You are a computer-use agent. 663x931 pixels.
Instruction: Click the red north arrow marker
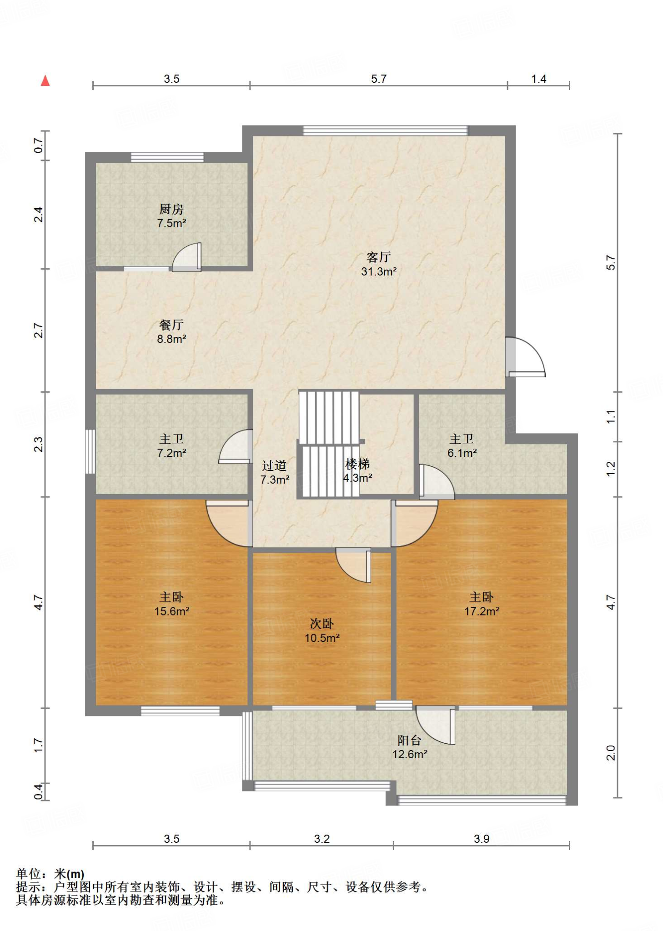(x=45, y=80)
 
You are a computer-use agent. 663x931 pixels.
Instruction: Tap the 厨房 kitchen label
(x=171, y=209)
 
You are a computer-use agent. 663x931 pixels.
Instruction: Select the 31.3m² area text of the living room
(x=378, y=271)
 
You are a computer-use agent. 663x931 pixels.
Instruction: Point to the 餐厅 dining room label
(x=171, y=325)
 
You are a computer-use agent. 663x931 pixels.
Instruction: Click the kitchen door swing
(x=187, y=257)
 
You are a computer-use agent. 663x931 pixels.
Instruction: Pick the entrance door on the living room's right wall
(x=525, y=357)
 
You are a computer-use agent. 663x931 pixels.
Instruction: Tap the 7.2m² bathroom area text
(x=171, y=453)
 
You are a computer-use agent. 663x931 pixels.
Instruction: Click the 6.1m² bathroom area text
(x=462, y=453)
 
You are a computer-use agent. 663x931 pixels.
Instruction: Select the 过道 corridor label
(x=274, y=465)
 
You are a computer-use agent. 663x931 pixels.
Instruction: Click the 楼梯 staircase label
(x=357, y=464)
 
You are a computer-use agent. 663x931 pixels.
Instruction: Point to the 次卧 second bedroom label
(x=322, y=624)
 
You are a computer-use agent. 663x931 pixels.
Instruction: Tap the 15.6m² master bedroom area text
(x=171, y=611)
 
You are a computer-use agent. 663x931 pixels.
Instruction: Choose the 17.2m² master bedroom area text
(x=482, y=611)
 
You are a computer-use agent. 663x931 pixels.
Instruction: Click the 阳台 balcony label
(x=409, y=741)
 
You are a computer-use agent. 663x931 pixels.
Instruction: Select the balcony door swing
(x=436, y=726)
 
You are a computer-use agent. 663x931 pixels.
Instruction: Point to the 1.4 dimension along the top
(x=538, y=79)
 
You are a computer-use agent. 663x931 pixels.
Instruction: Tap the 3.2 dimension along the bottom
(x=321, y=839)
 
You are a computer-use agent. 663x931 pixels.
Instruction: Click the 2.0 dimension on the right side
(x=611, y=753)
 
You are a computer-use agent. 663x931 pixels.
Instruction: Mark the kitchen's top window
(x=167, y=157)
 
